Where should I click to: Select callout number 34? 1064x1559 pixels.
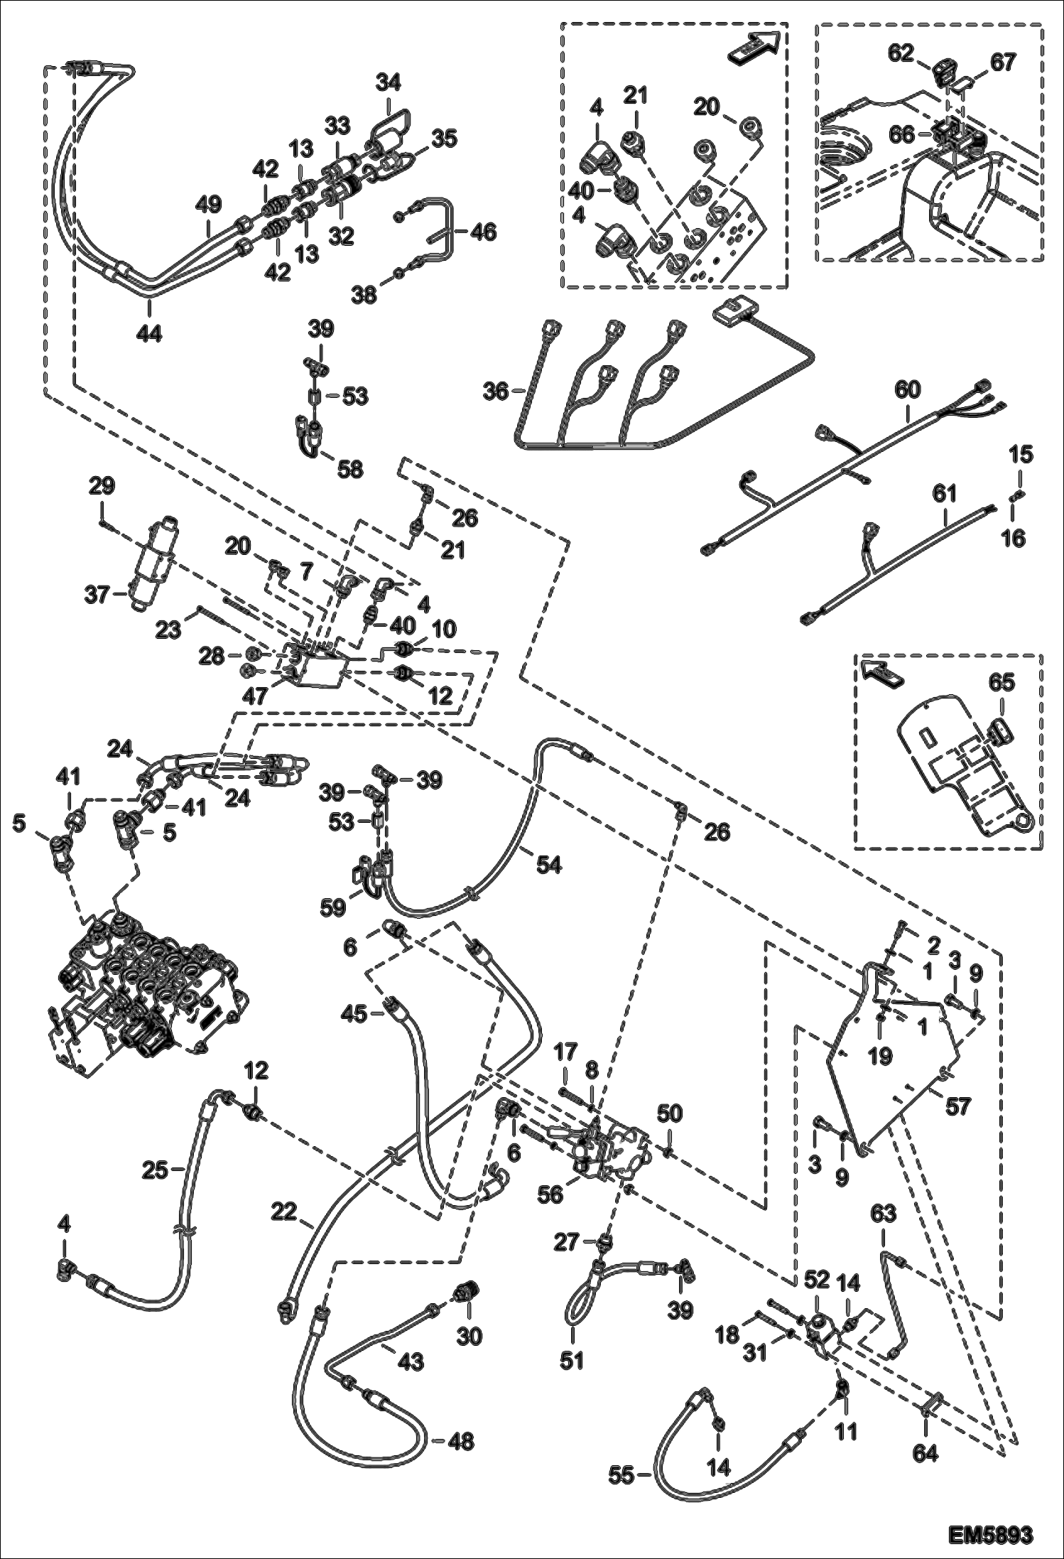tap(389, 84)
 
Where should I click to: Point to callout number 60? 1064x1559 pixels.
tap(908, 389)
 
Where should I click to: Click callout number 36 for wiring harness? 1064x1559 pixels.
tap(496, 390)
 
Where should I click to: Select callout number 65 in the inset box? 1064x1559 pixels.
tap(1001, 682)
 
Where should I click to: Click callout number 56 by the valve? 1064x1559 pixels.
tap(550, 1194)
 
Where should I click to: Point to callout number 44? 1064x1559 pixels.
tap(149, 333)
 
